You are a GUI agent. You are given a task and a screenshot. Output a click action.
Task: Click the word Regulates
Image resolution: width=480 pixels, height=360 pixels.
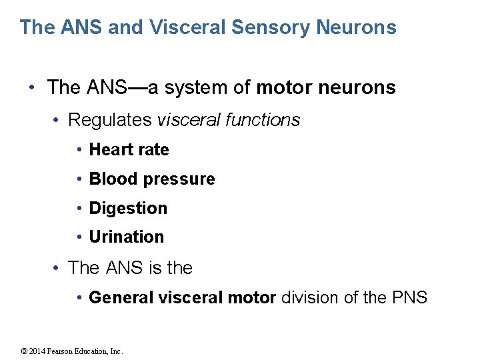pyautogui.click(x=110, y=120)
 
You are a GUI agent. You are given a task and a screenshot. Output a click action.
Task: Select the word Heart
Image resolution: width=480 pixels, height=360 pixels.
pyautogui.click(x=111, y=150)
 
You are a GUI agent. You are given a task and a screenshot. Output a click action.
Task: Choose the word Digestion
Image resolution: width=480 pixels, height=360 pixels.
pyautogui.click(x=128, y=208)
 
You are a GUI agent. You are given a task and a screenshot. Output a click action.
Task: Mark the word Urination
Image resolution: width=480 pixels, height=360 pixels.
pyautogui.click(x=126, y=237)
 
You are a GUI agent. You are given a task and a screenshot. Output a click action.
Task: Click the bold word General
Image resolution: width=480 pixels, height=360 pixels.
pyautogui.click(x=121, y=297)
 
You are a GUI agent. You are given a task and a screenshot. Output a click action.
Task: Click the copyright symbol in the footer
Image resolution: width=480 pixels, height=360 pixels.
pyautogui.click(x=25, y=351)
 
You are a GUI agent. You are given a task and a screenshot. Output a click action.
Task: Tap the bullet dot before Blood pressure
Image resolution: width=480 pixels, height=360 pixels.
pyautogui.click(x=80, y=179)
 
